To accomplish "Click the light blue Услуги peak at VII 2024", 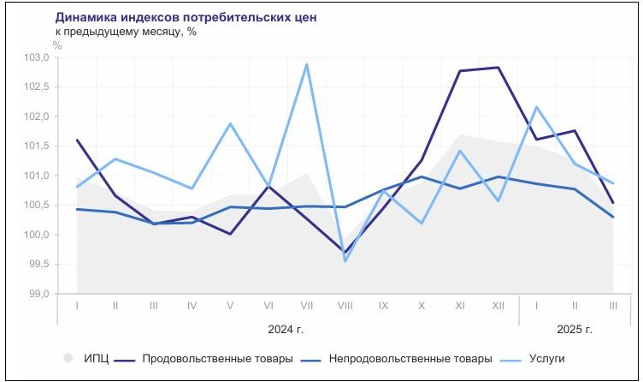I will click(x=307, y=64).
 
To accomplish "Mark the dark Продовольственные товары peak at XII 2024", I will click(x=498, y=68).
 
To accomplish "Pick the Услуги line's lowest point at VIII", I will click(x=345, y=260).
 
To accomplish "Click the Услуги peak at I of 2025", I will click(x=536, y=107).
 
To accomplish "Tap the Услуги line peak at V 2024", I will click(x=231, y=123).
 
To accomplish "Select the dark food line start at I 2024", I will click(x=78, y=140).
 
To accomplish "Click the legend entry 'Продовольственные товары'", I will click(x=217, y=358).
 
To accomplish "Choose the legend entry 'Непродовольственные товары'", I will click(x=410, y=358).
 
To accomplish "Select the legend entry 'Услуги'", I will click(x=547, y=358).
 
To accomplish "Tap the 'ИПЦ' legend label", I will click(x=96, y=358).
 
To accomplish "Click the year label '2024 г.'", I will click(x=286, y=329).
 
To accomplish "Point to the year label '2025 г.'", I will click(x=575, y=329).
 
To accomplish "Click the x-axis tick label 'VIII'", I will click(x=345, y=306).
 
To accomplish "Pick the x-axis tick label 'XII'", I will click(x=498, y=306).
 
